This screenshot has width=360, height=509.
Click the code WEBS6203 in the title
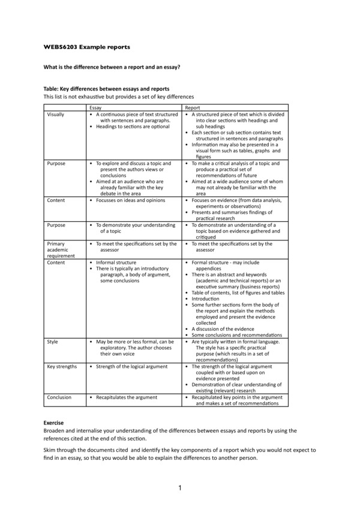pos(59,47)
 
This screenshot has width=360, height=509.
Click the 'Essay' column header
pos(95,107)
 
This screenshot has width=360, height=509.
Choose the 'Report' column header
pos(192,107)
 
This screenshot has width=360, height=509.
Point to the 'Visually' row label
pos(56,113)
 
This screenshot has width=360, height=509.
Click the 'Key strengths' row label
pos(62,366)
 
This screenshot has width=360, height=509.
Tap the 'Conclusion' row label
pos(59,397)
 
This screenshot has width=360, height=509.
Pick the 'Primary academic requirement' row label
pos(61,249)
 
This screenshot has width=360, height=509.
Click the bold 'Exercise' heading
pos(53,423)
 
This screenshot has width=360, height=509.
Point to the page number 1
pos(179,489)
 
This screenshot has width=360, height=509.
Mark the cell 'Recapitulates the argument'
pos(127,397)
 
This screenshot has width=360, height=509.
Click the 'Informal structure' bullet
pos(116,262)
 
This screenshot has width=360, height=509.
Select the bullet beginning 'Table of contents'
pos(238,292)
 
